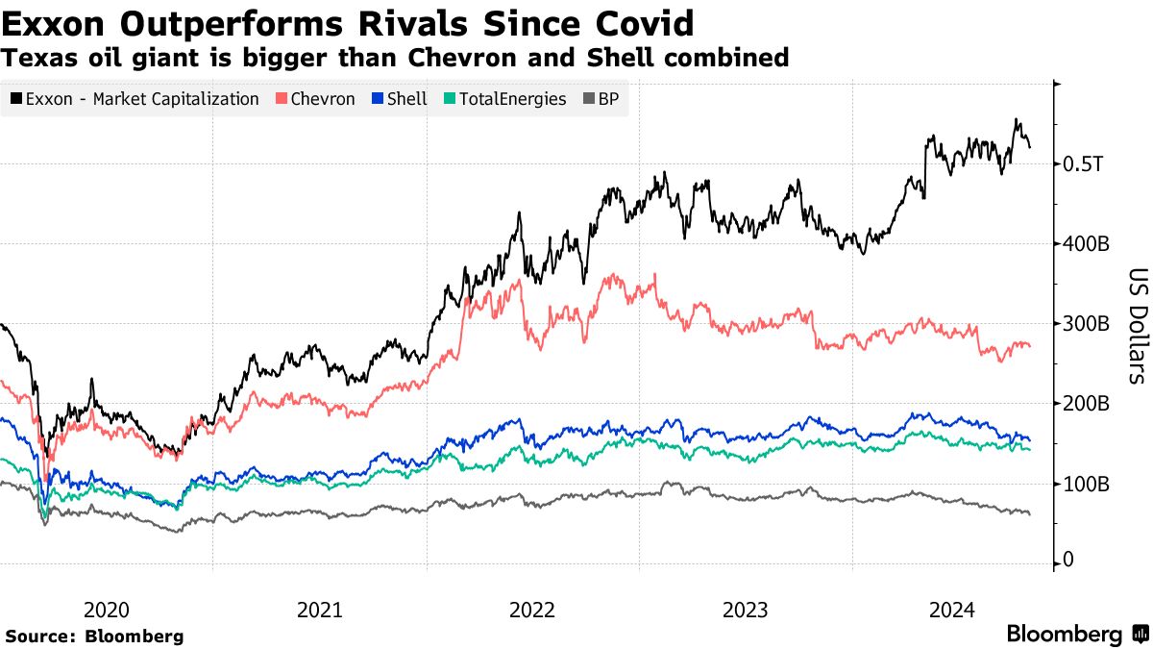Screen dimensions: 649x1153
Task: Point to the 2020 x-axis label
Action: click(x=106, y=609)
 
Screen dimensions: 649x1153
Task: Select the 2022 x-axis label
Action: click(x=531, y=609)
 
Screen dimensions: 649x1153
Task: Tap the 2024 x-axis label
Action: click(x=954, y=609)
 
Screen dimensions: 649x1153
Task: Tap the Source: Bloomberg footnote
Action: click(x=94, y=636)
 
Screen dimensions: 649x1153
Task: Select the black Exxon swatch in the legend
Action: click(x=16, y=99)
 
